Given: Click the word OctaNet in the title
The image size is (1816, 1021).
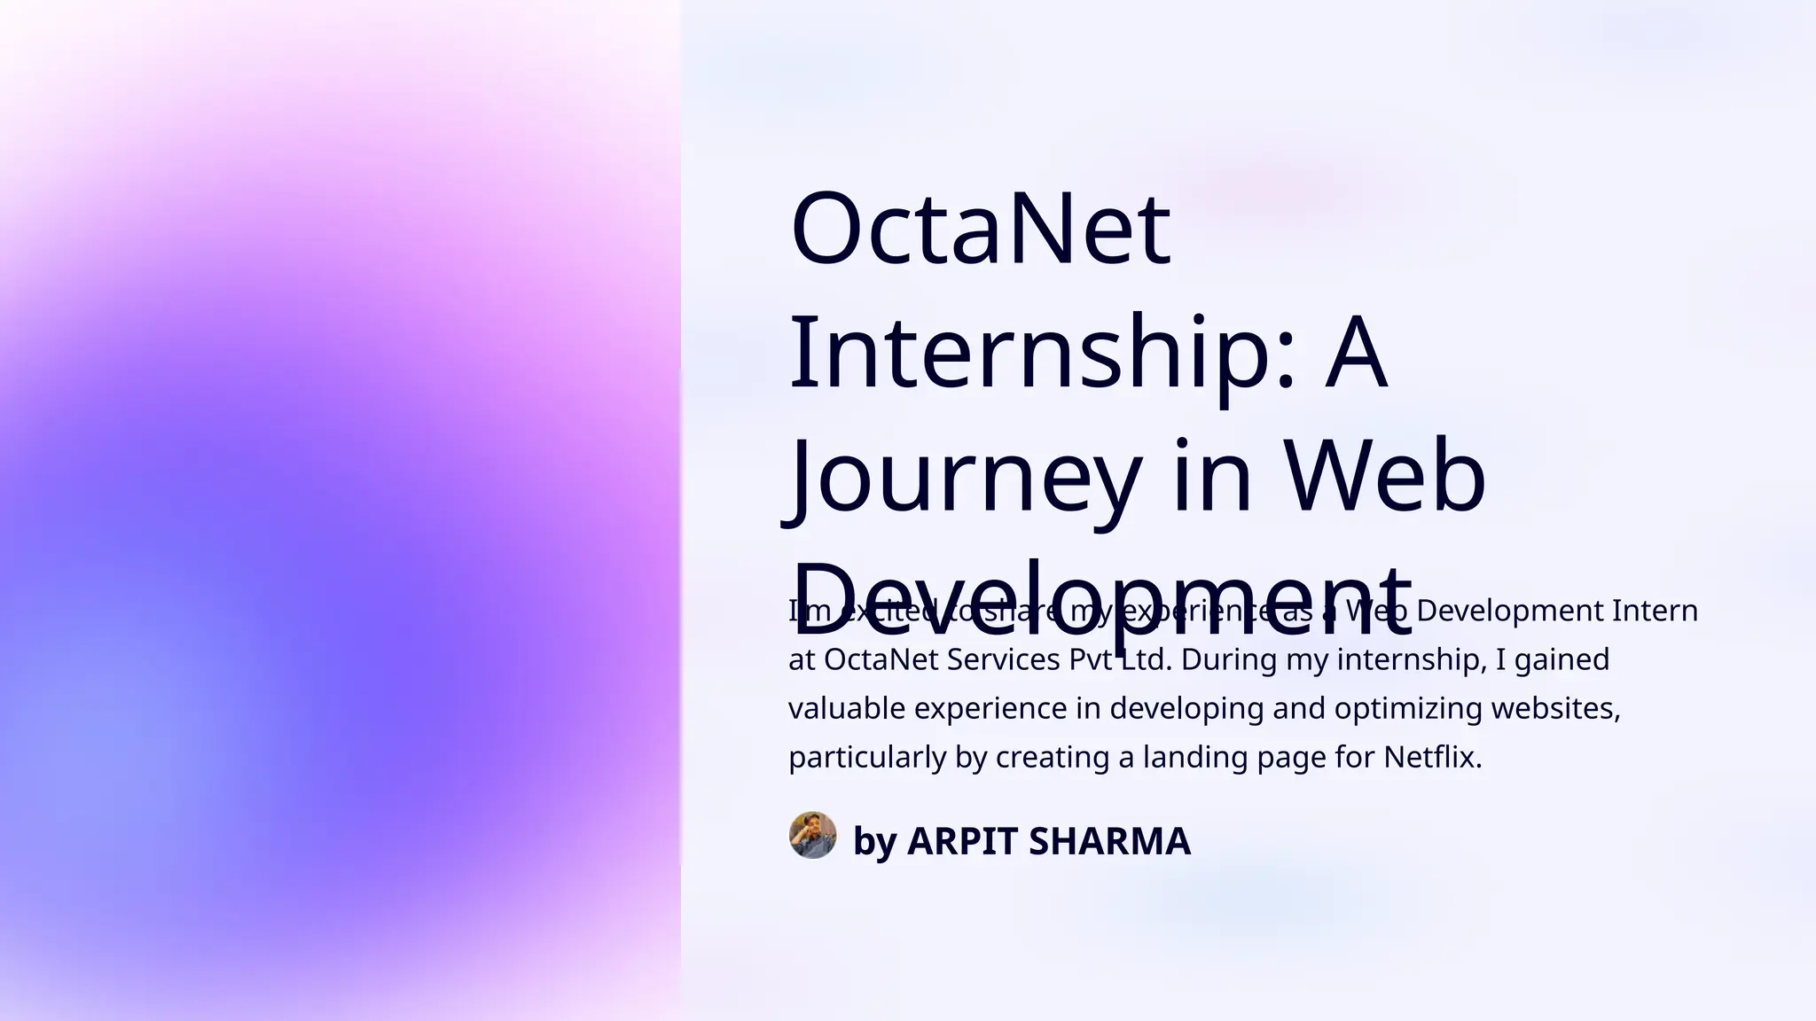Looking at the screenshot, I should [x=980, y=229].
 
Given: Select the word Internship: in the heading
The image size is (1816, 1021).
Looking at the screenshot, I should [x=1043, y=353].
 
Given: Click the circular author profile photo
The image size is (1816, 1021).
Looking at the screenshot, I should [x=812, y=835].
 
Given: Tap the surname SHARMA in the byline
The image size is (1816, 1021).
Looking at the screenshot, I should [x=1109, y=841].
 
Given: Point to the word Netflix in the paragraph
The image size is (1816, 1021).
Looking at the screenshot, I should [x=1432, y=757].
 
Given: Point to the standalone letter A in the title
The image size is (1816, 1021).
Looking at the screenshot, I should [x=1355, y=353].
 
